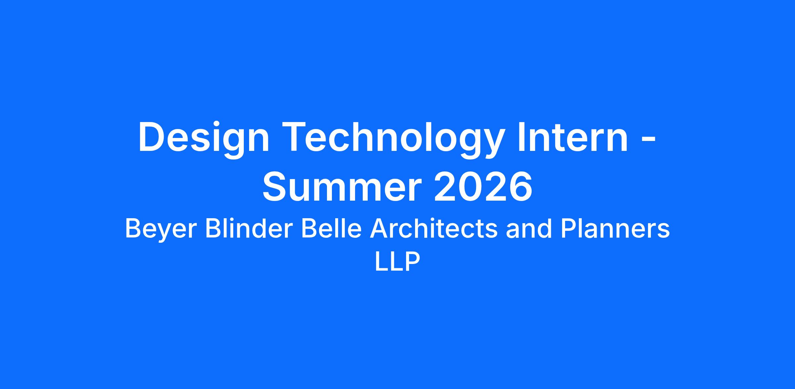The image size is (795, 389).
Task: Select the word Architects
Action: (x=434, y=228)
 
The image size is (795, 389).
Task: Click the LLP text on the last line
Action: (x=397, y=262)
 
